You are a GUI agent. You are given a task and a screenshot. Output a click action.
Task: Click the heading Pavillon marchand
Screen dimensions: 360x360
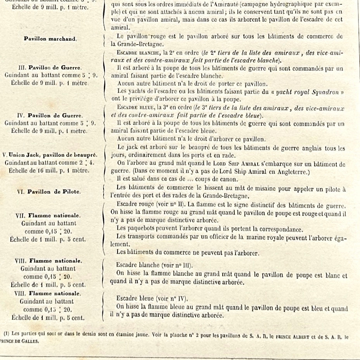[x=50, y=39]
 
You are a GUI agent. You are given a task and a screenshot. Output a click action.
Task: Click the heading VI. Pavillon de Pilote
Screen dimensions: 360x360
[x=49, y=192]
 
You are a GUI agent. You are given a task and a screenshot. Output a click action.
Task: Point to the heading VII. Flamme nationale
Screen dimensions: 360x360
[x=49, y=216]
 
